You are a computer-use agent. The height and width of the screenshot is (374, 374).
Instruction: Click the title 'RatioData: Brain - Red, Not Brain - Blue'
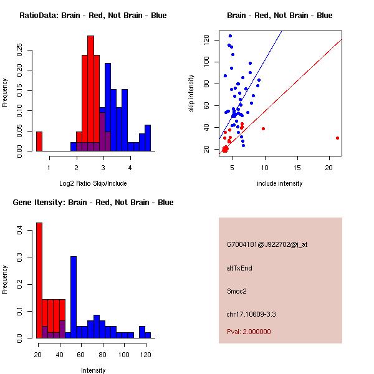[x=93, y=15]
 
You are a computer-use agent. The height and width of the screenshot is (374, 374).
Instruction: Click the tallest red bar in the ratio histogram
[x=91, y=93]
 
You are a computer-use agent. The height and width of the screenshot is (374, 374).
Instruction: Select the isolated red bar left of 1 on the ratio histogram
[x=39, y=141]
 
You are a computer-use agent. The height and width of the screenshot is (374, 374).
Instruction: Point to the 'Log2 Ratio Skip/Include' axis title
[x=93, y=183]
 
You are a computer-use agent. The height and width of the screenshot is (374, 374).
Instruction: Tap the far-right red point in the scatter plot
[x=337, y=138]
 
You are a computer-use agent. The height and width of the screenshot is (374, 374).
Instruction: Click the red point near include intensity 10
[x=264, y=128]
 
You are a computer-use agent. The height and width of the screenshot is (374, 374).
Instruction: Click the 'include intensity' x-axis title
[x=280, y=183]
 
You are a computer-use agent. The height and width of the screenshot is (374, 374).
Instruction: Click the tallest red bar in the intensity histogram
[x=39, y=280]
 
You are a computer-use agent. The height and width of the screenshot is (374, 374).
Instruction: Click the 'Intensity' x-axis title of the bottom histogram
[x=93, y=370]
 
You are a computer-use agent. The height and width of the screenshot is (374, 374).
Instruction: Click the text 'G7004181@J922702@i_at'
[x=267, y=244]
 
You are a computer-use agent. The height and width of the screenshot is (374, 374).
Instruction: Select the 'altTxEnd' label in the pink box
[x=239, y=268]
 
